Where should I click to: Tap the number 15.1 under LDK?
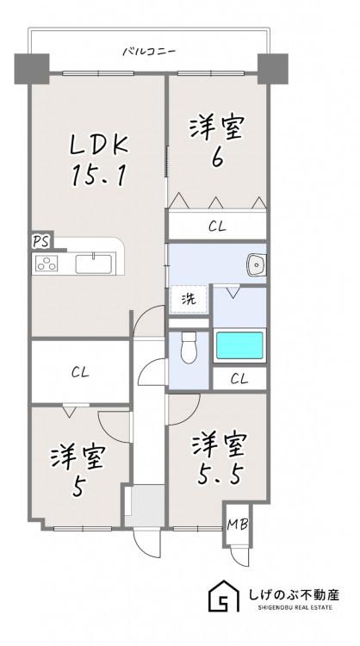[98, 176]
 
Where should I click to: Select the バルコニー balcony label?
[149, 52]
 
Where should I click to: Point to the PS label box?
[40, 242]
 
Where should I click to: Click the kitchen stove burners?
[47, 264]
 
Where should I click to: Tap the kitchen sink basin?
[94, 264]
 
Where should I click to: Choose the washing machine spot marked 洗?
[189, 300]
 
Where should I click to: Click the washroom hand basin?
[256, 264]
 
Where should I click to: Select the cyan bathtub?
[239, 345]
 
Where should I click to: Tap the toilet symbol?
[189, 347]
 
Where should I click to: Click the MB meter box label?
[238, 525]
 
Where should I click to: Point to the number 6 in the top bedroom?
[217, 158]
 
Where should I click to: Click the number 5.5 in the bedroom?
[218, 475]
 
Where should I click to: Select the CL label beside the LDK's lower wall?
[80, 373]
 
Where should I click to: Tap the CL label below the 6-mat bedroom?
[217, 227]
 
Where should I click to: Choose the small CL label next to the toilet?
[239, 379]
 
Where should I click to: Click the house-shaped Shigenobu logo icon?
[223, 596]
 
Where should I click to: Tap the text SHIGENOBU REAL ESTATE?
[295, 608]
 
